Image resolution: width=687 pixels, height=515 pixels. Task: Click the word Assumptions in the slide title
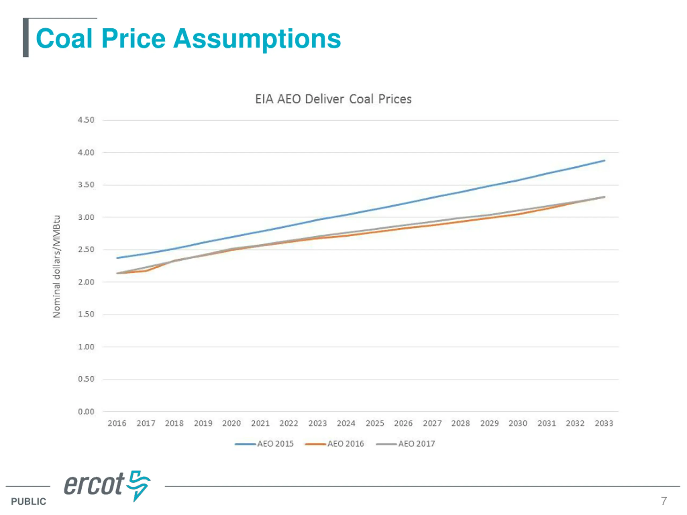click(x=257, y=39)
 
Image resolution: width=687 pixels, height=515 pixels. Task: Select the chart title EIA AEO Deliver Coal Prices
click(x=333, y=99)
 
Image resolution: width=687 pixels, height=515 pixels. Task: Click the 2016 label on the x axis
click(x=117, y=424)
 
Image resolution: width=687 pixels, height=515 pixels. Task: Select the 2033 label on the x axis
click(x=604, y=424)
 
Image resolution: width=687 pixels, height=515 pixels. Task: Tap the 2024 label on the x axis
click(x=346, y=424)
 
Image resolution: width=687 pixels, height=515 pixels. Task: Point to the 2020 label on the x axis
click(x=231, y=424)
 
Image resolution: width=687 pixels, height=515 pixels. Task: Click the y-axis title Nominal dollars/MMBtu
click(x=57, y=266)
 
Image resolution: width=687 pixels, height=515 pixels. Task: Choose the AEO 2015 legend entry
click(x=264, y=444)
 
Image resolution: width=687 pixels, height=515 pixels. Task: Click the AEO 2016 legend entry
click(x=334, y=444)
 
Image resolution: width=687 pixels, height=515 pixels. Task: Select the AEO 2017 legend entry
click(x=405, y=444)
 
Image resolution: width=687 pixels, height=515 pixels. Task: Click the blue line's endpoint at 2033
click(x=604, y=160)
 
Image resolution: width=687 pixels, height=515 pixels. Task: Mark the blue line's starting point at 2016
click(x=117, y=258)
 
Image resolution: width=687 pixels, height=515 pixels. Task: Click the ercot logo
click(x=107, y=485)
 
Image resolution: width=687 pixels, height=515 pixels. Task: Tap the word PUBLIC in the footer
click(x=28, y=501)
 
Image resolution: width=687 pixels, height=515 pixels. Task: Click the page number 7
click(x=664, y=501)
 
